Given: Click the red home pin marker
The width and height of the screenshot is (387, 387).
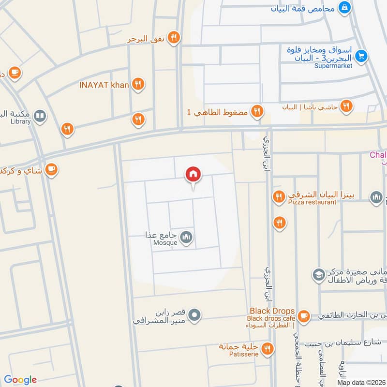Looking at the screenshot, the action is (193, 175).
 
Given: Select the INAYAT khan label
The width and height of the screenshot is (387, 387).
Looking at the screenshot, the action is (104, 85).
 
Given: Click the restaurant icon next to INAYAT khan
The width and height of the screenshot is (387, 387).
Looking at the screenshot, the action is (139, 85).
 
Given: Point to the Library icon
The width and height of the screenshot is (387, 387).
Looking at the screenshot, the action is (40, 116).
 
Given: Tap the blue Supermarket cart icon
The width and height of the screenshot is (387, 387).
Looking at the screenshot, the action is (360, 56).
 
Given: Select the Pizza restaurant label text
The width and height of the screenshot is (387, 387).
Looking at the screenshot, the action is (312, 202).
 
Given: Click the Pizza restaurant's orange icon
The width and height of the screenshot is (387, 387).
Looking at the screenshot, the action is (278, 196).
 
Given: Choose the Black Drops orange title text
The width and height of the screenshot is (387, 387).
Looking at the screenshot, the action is (272, 311).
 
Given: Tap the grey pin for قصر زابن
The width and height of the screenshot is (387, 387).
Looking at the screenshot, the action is (194, 315).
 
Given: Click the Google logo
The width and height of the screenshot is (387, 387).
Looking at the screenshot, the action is (20, 380).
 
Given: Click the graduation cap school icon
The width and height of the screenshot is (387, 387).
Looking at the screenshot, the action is (318, 275).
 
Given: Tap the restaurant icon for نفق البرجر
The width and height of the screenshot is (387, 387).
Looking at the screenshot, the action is (174, 38).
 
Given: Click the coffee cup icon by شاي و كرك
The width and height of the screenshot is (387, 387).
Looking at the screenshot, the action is (51, 169).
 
